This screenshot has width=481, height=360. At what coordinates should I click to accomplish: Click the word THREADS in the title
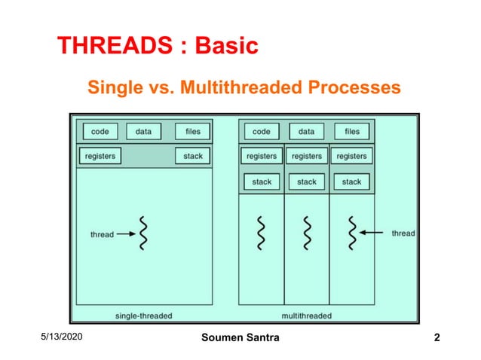(112, 47)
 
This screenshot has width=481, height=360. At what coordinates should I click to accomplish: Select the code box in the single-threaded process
(100, 131)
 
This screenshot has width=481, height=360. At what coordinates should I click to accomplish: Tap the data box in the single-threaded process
(143, 131)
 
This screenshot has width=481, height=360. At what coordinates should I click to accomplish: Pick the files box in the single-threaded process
(192, 131)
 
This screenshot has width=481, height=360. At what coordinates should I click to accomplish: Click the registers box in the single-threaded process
(100, 156)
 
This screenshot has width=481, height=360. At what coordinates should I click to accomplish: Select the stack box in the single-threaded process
(192, 156)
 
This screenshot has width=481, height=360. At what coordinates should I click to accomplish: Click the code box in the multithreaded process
(262, 131)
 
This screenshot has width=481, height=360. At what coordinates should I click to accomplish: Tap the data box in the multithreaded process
(306, 131)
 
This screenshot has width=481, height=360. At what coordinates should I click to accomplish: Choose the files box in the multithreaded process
(351, 131)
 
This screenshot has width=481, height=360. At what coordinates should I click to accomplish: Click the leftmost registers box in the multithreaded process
(262, 156)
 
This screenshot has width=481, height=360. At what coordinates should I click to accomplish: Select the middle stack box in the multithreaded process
(306, 182)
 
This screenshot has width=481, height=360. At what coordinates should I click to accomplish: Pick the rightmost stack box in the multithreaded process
(351, 182)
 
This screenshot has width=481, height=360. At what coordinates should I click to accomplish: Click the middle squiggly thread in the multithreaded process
(306, 233)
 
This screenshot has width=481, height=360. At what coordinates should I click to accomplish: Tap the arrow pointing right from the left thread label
(125, 234)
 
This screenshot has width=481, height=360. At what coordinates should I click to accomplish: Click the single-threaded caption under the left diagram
(143, 315)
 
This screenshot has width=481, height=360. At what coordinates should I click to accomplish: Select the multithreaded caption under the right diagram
(306, 315)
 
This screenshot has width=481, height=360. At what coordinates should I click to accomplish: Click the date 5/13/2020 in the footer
(63, 337)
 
